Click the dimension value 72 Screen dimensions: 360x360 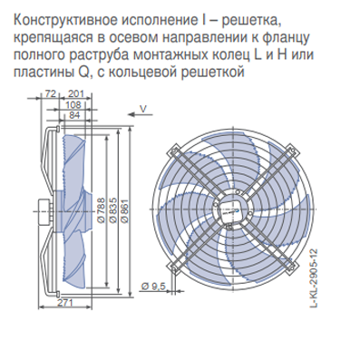pyautogui.click(x=50, y=94)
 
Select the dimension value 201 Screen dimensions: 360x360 pyautogui.click(x=75, y=94)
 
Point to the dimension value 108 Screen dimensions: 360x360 pyautogui.click(x=73, y=104)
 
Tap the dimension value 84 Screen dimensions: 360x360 pyautogui.click(x=74, y=115)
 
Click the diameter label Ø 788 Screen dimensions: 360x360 pyautogui.click(x=102, y=210)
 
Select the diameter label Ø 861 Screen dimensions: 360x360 pyautogui.click(x=124, y=211)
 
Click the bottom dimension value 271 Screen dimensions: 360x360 pyautogui.click(x=65, y=302)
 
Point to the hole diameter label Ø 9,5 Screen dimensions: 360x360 pyautogui.click(x=153, y=287)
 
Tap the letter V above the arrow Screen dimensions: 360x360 pyautogui.click(x=143, y=108)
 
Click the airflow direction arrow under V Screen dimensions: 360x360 pyautogui.click(x=141, y=114)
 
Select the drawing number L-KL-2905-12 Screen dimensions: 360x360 pyautogui.click(x=315, y=278)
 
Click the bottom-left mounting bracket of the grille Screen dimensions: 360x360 pyautogui.click(x=173, y=267)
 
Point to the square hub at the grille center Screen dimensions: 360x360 pyautogui.click(x=232, y=209)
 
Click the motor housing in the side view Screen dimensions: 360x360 pyautogui.click(x=45, y=210)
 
